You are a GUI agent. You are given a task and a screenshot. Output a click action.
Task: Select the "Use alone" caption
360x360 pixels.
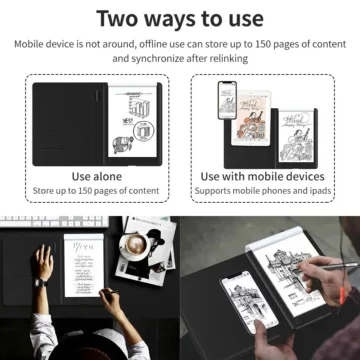coord(97,176)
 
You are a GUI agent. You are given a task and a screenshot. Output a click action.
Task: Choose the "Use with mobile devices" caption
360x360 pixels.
coord(263,176)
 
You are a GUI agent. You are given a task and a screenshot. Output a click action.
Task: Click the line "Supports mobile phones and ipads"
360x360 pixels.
coord(263,191)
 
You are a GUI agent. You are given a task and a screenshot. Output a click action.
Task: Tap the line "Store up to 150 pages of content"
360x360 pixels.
coord(97,191)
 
